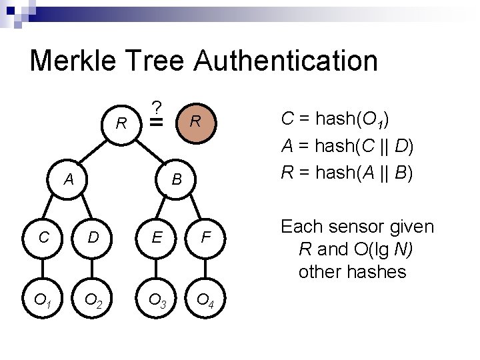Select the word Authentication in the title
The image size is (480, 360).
click(x=286, y=61)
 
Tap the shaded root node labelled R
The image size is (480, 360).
click(x=195, y=121)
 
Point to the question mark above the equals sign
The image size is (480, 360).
click(x=156, y=107)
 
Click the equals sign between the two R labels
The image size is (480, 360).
click(x=156, y=123)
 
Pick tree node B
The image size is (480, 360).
click(x=177, y=179)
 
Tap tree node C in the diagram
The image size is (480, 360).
click(x=43, y=236)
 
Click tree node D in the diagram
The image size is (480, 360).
click(x=94, y=236)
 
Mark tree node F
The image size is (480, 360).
click(x=207, y=236)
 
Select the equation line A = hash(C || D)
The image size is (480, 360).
click(x=347, y=146)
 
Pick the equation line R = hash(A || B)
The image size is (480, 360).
click(x=347, y=173)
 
